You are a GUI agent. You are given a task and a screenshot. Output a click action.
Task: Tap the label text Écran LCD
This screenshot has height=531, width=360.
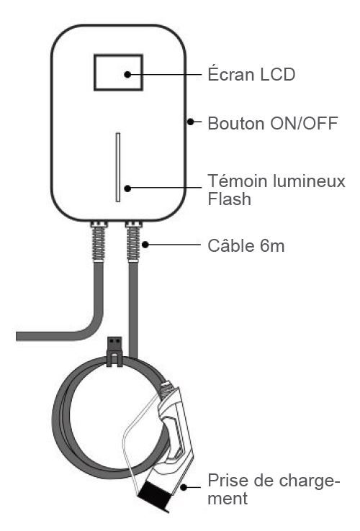(251, 75)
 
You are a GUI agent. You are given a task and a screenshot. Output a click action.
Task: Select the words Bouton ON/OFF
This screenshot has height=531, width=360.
(273, 123)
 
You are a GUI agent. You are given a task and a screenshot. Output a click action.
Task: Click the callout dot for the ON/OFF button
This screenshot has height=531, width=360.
(191, 121)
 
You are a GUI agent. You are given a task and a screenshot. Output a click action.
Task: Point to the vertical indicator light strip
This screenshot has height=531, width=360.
(118, 167)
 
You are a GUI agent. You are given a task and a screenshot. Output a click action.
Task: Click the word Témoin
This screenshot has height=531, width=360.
(238, 181)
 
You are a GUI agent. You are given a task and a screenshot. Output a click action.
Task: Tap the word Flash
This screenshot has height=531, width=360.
(229, 199)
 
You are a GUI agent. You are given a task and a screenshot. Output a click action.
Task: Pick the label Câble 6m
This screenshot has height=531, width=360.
(246, 246)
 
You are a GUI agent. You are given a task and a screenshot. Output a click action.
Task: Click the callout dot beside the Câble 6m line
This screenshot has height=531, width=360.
(145, 244)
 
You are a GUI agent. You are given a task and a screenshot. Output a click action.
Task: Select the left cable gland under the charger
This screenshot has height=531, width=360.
(99, 241)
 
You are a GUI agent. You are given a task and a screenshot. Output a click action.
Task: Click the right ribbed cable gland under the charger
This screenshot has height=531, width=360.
(133, 241)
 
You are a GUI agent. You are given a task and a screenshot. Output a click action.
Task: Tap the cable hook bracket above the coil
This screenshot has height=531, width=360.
(114, 351)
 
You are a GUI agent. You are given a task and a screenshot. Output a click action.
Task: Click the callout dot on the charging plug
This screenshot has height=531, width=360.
(184, 487)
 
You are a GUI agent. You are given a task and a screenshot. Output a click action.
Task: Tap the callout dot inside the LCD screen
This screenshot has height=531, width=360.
(127, 75)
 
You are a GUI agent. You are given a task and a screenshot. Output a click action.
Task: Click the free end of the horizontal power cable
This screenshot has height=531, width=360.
(17, 336)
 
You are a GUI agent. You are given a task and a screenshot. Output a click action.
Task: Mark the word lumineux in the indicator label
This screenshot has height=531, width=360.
(308, 181)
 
